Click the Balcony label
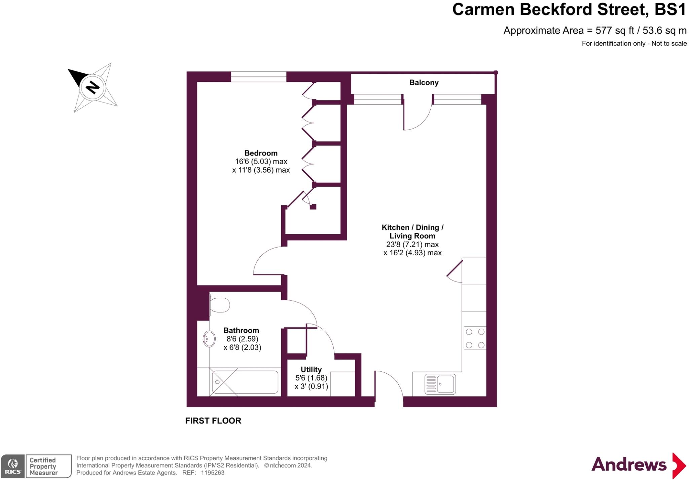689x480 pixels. [x=424, y=83]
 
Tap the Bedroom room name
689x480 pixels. [x=261, y=153]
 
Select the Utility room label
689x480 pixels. [x=311, y=370]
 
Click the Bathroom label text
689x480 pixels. [x=241, y=330]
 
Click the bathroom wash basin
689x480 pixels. [x=209, y=338]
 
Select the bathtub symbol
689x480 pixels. [x=245, y=382]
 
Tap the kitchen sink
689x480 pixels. [x=440, y=384]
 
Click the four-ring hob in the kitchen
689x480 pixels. [x=475, y=338]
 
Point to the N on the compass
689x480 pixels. [x=93, y=87]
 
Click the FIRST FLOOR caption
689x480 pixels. [x=213, y=421]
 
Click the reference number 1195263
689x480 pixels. [x=212, y=473]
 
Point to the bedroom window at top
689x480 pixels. [x=258, y=77]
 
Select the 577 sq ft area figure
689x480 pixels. [x=615, y=31]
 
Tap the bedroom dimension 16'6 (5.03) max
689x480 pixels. [x=261, y=161]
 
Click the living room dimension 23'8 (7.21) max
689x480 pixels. [x=412, y=245]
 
